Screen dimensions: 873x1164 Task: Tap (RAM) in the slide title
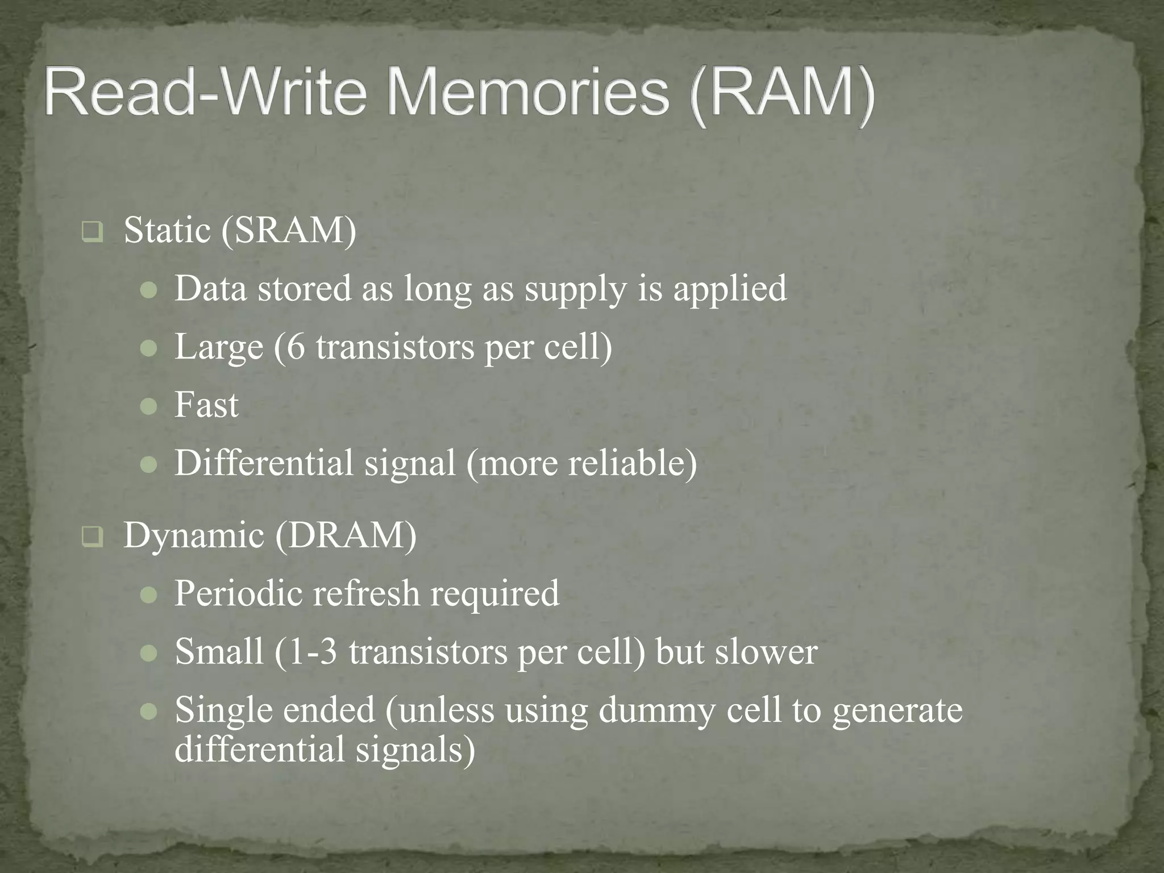point(783,94)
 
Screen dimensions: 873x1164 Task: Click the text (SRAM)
point(289,231)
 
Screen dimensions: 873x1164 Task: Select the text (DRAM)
point(346,535)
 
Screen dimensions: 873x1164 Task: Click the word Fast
point(206,405)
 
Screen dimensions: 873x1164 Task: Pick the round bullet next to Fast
point(148,406)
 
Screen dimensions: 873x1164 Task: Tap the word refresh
point(366,594)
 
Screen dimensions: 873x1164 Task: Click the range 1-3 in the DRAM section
point(312,652)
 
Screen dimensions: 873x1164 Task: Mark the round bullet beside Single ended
point(148,712)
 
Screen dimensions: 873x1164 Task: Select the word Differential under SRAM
point(264,463)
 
